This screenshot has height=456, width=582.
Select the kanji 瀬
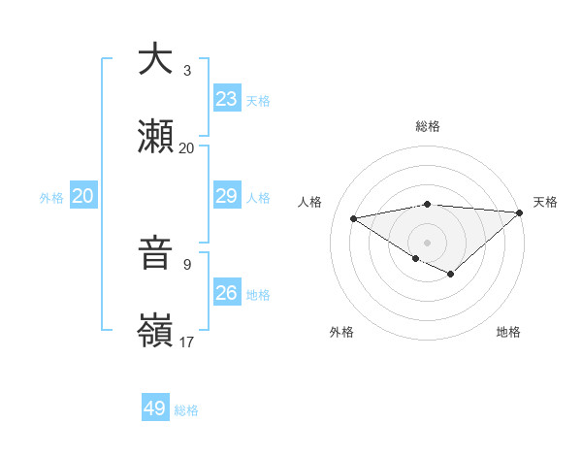[155, 137]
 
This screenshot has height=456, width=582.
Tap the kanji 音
[155, 254]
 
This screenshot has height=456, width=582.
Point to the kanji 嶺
[155, 332]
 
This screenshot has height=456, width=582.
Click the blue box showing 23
[227, 99]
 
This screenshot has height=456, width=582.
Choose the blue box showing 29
[227, 196]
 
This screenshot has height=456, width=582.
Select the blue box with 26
[227, 293]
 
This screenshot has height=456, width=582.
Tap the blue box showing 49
[155, 408]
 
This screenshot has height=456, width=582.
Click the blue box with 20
[82, 196]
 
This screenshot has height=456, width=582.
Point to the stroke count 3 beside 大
[187, 71]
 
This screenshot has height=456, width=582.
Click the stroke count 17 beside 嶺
[186, 342]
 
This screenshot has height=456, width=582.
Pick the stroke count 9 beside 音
[187, 264]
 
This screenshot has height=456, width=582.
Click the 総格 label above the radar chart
[428, 126]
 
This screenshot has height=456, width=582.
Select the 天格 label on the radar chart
[545, 202]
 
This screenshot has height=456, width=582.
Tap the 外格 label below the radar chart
[341, 332]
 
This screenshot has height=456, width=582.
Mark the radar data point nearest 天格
[520, 212]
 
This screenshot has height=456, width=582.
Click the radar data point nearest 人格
[353, 217]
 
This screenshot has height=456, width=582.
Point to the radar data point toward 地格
[451, 275]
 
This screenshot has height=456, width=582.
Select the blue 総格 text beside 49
[186, 410]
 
